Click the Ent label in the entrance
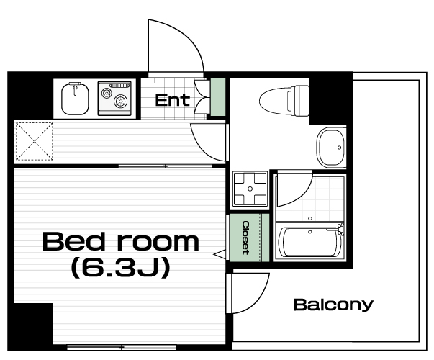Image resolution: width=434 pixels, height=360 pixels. [172, 101]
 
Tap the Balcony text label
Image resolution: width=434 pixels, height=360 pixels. [333, 305]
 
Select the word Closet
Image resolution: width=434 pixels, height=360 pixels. [245, 238]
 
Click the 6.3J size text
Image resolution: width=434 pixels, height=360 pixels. [120, 268]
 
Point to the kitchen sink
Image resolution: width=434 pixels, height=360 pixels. [75, 99]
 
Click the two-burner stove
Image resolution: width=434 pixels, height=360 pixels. [114, 98]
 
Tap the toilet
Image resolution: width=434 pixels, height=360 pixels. [284, 100]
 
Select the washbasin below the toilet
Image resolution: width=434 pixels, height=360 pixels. [331, 148]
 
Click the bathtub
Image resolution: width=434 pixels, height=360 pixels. [310, 242]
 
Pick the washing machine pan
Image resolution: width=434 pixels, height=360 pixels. [250, 189]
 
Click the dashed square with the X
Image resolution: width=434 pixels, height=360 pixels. [35, 141]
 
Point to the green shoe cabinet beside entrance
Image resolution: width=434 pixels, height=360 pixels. [218, 97]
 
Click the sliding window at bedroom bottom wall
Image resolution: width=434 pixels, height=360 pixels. [122, 347]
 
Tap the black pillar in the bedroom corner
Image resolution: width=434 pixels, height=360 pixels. [33, 323]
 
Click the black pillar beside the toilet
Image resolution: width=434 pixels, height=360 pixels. [331, 99]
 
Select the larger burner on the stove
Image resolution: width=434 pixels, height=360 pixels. [121, 102]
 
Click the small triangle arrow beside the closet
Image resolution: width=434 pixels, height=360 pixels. [220, 254]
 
